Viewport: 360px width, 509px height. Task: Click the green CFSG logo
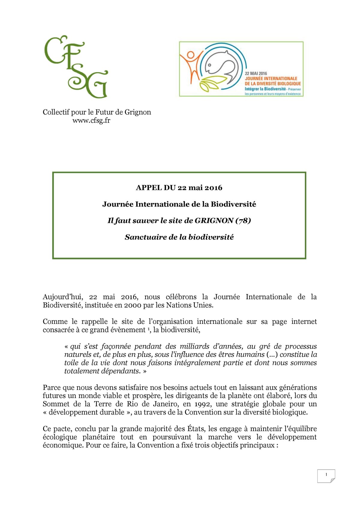(x=76, y=67)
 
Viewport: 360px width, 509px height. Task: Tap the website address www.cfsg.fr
(x=91, y=121)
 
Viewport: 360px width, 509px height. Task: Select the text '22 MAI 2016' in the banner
(x=256, y=73)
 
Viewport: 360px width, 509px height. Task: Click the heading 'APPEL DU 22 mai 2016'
(x=179, y=188)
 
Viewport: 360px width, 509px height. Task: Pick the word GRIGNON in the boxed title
(x=214, y=221)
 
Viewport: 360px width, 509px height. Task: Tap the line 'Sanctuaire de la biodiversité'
(x=179, y=237)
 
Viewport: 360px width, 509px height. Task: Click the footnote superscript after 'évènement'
(x=148, y=329)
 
